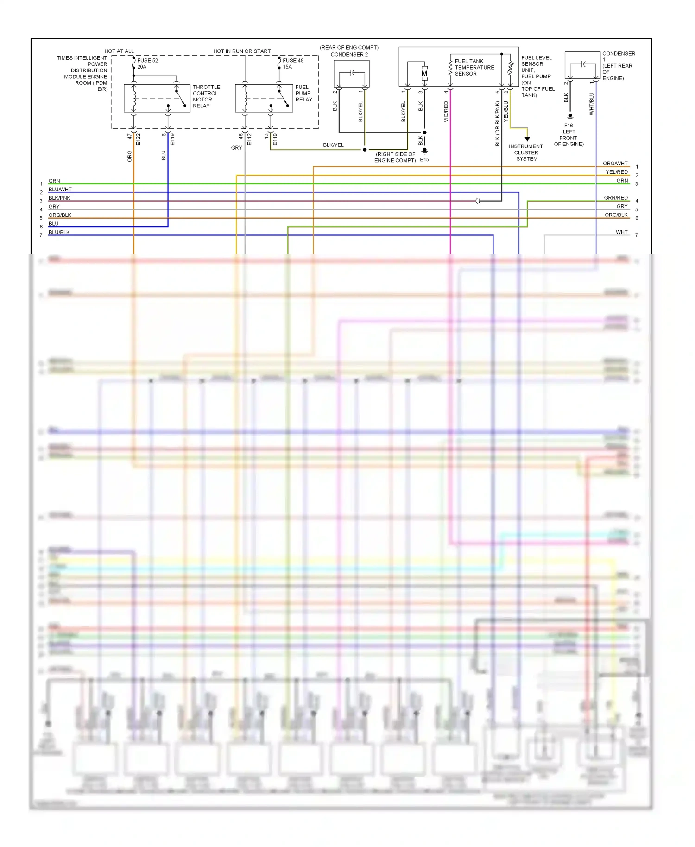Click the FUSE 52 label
pos(147,61)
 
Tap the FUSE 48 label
pos(293,61)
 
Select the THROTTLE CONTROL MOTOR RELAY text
pos(206,96)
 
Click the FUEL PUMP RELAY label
pos(303,93)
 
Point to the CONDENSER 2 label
pos(349,55)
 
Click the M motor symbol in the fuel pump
pos(424,74)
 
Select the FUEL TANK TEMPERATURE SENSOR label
pos(474,68)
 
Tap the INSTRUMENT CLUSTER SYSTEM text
pos(526,152)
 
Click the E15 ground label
pos(424,159)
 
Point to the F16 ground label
pos(569,126)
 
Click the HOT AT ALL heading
pos(119,51)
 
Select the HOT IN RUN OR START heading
pos(242,51)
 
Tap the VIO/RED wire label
pos(446,112)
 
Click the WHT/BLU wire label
pos(591,104)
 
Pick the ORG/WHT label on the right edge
pos(615,164)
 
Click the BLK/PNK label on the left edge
pos(60,198)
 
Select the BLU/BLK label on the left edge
pos(59,232)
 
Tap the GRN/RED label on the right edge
pos(616,198)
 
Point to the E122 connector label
pos(138,139)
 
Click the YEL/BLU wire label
pos(506,112)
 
